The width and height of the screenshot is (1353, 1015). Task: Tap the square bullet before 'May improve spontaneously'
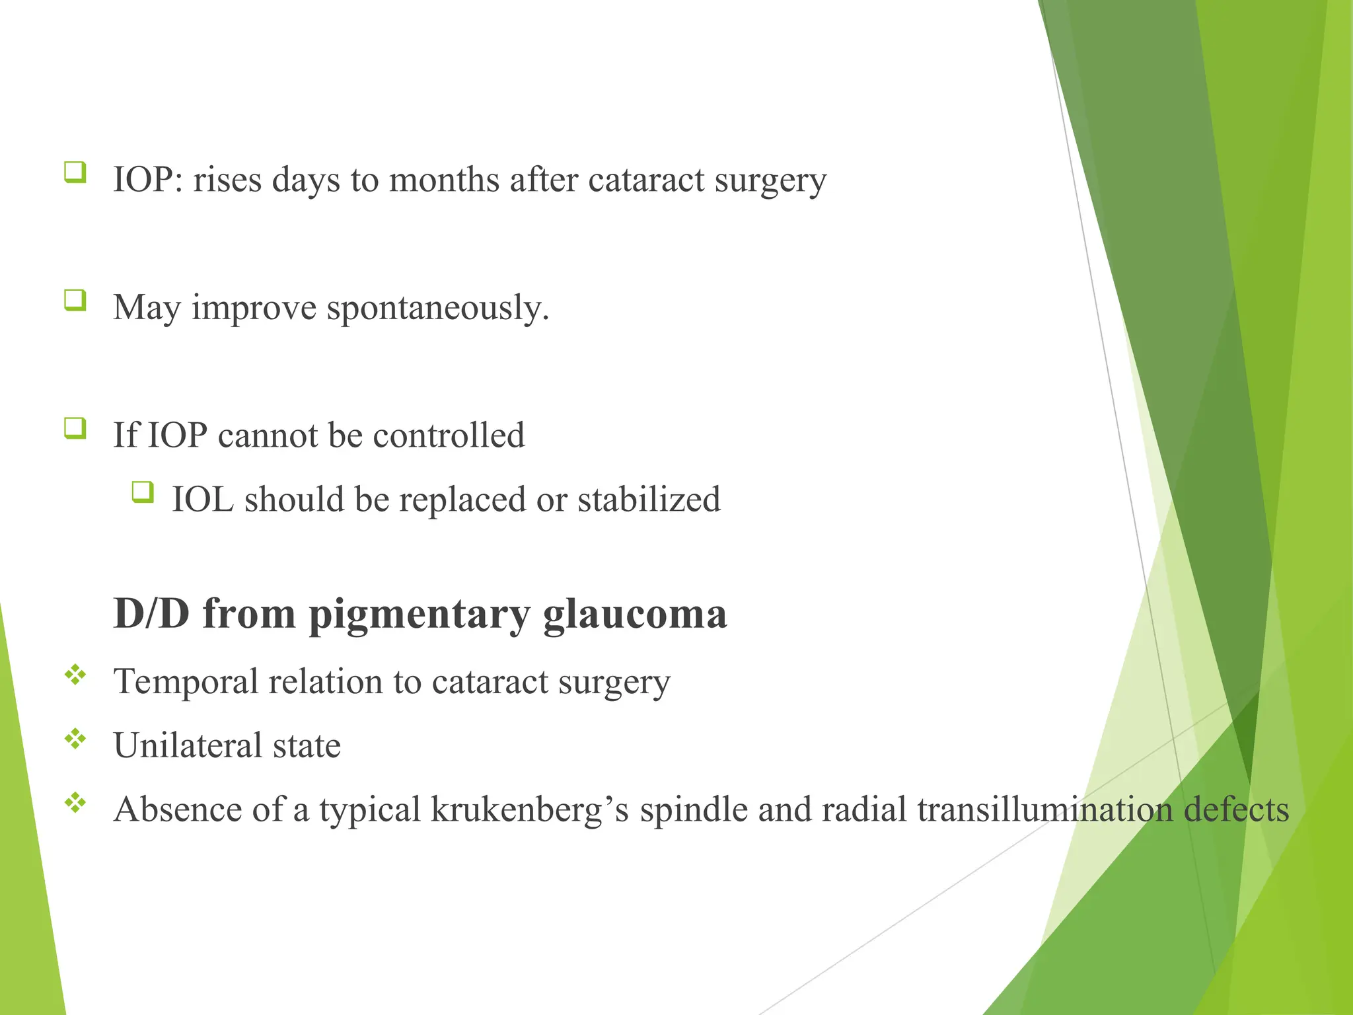75,301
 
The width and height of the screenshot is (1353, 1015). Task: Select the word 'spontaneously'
437,309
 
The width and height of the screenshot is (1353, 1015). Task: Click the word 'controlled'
449,436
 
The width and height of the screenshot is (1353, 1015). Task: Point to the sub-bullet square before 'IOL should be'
142,492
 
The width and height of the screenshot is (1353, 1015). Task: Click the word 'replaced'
462,500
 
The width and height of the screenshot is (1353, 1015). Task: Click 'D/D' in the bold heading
151,613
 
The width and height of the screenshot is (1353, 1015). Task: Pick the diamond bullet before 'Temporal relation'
75,675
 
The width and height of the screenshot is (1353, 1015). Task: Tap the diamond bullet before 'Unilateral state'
75,739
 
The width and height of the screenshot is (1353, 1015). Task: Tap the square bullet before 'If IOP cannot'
75,428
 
